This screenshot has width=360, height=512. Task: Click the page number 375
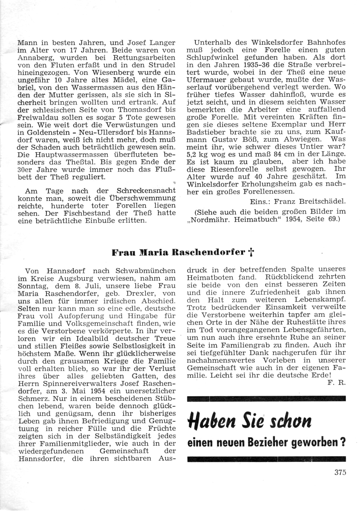340,472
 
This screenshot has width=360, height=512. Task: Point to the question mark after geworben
343,442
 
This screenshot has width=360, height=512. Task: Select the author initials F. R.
337,382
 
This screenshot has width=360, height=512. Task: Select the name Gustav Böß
235,139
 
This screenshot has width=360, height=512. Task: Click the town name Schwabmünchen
145,271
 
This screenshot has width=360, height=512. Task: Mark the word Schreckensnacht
146,191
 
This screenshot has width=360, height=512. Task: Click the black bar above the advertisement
266,398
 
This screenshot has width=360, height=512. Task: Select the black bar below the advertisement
266,459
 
